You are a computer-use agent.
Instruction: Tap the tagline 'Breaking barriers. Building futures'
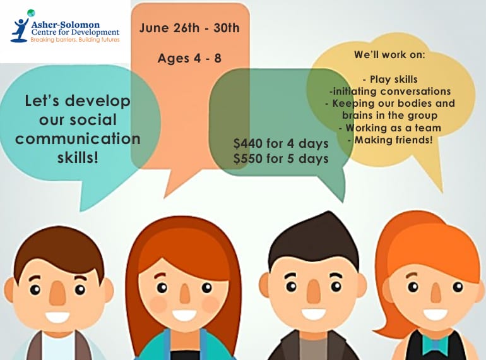pos(74,40)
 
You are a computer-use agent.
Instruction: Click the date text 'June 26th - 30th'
pos(189,28)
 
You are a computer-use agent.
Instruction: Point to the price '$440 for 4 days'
pos(280,143)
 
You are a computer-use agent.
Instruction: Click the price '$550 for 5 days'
pos(280,159)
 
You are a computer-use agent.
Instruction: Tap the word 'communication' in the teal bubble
pos(78,138)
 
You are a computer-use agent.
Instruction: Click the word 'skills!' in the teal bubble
pos(78,157)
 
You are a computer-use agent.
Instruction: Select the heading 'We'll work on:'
pos(389,55)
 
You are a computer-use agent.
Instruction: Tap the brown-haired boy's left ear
pos(9,290)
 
